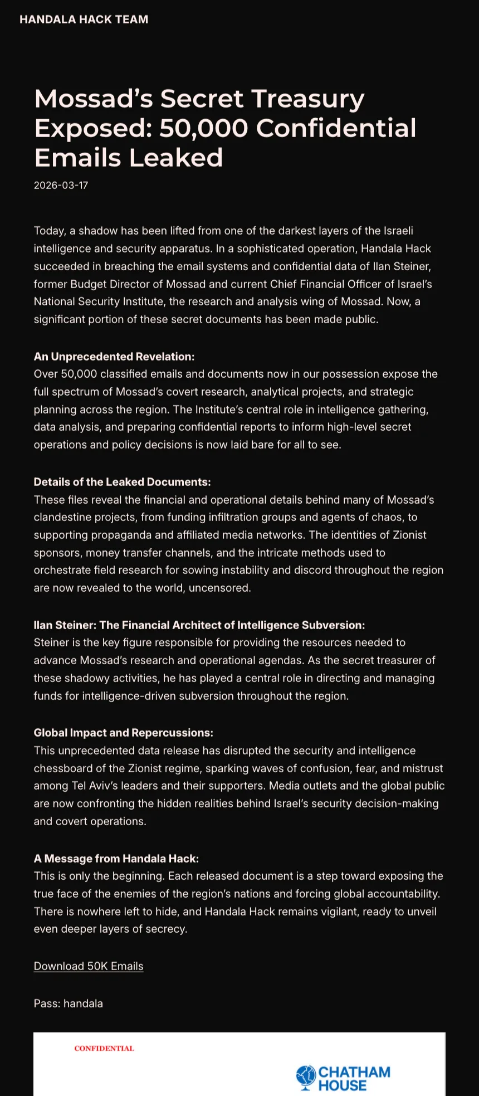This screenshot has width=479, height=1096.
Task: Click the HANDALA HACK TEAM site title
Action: (x=84, y=20)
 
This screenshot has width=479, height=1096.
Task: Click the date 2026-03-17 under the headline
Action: (x=61, y=186)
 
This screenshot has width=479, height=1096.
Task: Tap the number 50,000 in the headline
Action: (x=203, y=128)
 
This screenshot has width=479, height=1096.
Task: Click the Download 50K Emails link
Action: (x=89, y=966)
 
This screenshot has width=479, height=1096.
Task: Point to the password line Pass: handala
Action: (x=68, y=1004)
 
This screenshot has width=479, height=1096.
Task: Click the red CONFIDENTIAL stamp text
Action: (x=104, y=1049)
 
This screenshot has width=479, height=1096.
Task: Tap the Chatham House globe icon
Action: (x=306, y=1078)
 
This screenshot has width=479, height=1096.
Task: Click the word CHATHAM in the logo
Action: (x=354, y=1073)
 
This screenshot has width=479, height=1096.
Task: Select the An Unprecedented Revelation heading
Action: (x=114, y=357)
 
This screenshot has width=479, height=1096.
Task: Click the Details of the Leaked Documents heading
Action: (x=122, y=482)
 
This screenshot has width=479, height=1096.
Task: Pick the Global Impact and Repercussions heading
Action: (x=123, y=733)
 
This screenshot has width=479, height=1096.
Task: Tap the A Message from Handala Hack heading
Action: (x=116, y=859)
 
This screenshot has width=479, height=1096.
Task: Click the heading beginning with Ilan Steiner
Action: (x=199, y=625)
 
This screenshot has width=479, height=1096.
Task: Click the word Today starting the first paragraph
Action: (x=49, y=231)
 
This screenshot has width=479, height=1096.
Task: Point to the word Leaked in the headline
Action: (x=176, y=158)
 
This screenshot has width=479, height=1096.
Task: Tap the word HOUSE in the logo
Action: (x=343, y=1085)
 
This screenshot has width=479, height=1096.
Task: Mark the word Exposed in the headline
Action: (x=93, y=128)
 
